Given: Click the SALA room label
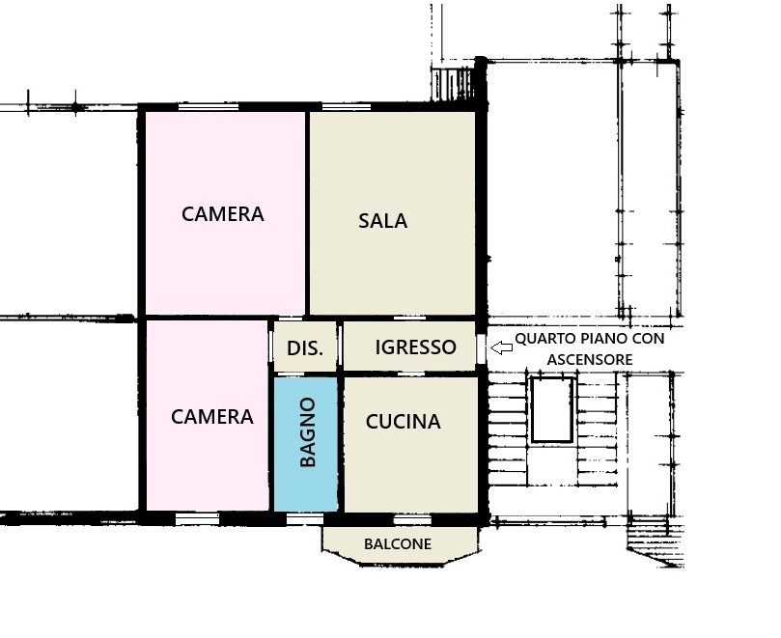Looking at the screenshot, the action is click(x=382, y=221).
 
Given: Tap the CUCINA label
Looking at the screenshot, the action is click(x=403, y=422).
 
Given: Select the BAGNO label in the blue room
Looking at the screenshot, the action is click(x=308, y=431).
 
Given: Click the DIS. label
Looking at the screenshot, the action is click(x=305, y=348).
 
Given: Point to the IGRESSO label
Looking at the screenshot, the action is click(x=415, y=347).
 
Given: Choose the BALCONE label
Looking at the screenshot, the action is click(x=398, y=543).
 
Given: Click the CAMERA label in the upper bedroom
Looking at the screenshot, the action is click(x=223, y=214).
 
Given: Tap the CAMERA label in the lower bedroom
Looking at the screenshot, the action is click(x=212, y=417).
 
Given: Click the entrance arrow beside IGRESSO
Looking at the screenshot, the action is click(x=502, y=347).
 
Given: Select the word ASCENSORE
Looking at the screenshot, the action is click(x=590, y=360).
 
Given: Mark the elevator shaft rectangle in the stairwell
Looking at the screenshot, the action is click(x=552, y=410).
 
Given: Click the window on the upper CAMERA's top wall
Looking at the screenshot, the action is click(x=209, y=106).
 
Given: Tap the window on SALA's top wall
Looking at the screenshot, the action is click(x=347, y=106).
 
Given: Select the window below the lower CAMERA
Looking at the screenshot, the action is click(x=197, y=519).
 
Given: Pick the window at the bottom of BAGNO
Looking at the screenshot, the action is click(x=305, y=519).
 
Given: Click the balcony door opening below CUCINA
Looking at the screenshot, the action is click(x=412, y=520).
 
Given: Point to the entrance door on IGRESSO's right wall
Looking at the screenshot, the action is click(x=481, y=348).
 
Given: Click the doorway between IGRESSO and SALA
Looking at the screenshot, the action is click(x=409, y=318).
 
